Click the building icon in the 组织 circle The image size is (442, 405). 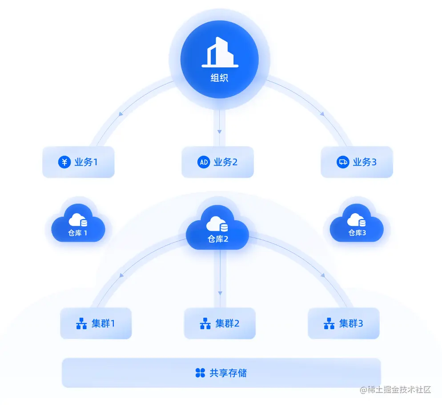(220, 52)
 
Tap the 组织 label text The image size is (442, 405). (219, 78)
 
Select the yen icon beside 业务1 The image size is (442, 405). (64, 162)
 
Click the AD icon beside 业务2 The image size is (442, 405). (204, 162)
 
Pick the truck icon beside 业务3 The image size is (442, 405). (343, 162)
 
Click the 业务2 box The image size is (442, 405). (217, 162)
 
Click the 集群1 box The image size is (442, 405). (96, 323)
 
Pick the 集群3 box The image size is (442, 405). (344, 323)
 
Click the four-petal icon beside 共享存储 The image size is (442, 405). (200, 373)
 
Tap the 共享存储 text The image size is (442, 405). (228, 373)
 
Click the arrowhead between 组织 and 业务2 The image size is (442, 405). (219, 131)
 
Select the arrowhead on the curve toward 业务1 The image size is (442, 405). (121, 115)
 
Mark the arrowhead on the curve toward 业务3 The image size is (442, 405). (322, 115)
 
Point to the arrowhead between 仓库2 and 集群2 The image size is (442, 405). (219, 293)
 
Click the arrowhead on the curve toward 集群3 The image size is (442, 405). (323, 276)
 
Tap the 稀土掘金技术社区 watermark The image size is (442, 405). (395, 390)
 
